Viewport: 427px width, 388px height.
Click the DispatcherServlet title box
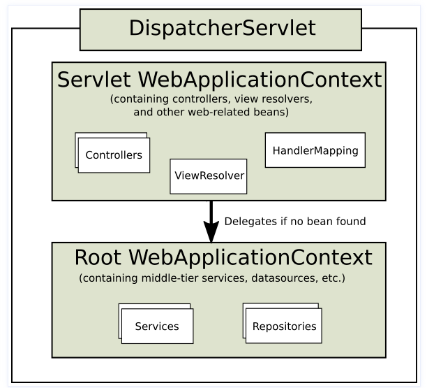pos(220,29)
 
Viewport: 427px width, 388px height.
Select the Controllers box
pos(114,155)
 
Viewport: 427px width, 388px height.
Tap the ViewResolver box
pos(208,175)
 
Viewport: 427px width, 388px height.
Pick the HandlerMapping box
pos(315,150)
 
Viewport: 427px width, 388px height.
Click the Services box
pos(157,326)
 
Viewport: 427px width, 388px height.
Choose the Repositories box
pos(284,326)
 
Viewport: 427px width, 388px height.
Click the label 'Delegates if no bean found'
pos(294,222)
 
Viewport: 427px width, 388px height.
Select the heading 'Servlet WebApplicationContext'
pos(220,79)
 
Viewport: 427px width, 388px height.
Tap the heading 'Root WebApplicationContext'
pos(223,257)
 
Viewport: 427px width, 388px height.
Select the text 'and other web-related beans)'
pos(219,111)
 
